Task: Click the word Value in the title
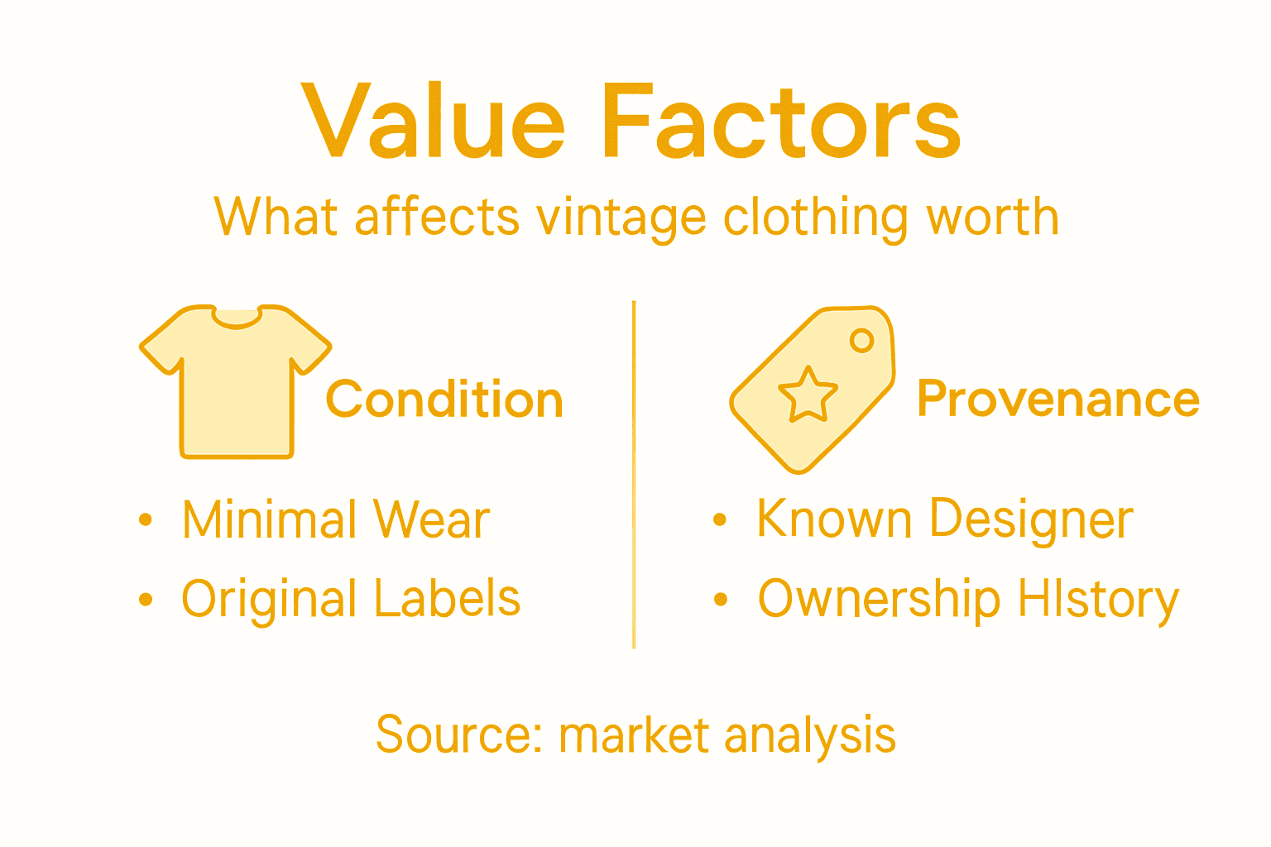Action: [x=433, y=122]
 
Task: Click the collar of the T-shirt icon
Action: [x=237, y=318]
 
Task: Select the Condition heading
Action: [x=444, y=400]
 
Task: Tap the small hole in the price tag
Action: [x=861, y=340]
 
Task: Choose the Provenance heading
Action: [x=1058, y=400]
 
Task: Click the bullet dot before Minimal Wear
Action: [x=146, y=519]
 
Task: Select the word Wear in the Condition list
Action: [x=431, y=520]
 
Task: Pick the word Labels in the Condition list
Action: [x=448, y=599]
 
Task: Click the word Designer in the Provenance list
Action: [x=1031, y=520]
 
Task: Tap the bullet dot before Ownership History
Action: [x=721, y=599]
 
